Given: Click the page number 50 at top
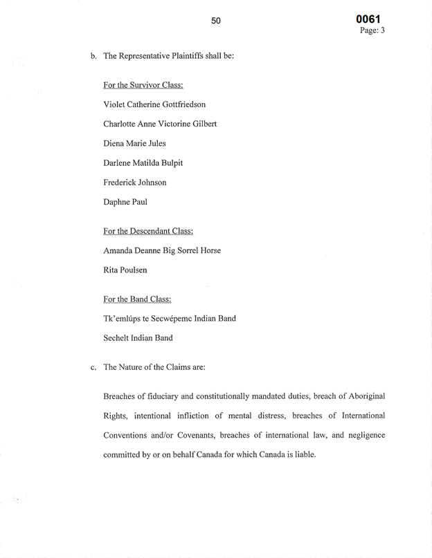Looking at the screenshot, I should click(x=216, y=21).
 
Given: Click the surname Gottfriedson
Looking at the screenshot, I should click(x=179, y=104).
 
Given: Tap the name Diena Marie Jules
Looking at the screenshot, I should click(x=134, y=143).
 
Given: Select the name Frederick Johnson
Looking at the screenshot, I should click(x=135, y=183).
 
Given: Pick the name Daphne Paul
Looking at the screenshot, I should click(x=125, y=202).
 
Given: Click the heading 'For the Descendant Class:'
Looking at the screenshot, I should click(x=148, y=231).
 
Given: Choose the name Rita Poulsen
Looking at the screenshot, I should click(x=125, y=270).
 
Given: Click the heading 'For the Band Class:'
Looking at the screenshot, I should click(x=137, y=299).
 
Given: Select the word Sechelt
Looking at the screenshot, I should click(x=118, y=338).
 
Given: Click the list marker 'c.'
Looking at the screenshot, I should click(x=93, y=367).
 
